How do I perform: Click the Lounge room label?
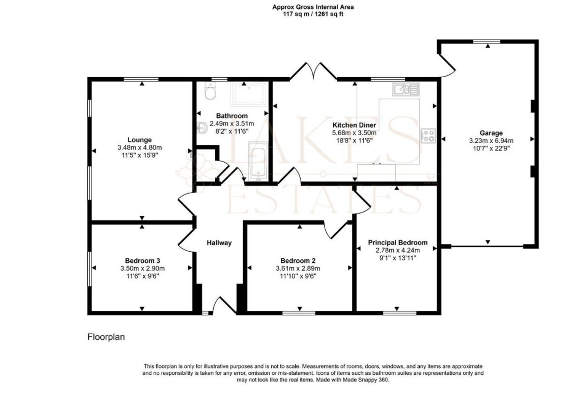pos(139,140)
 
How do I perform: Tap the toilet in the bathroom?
pos(210,90)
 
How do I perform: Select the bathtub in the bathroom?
pos(258,161)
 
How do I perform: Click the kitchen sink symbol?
pos(406,89)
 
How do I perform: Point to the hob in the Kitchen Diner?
pos(428,136)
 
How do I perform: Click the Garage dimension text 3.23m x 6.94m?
pos(491,141)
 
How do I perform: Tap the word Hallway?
pos(219,243)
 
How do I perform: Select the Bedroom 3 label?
pos(142,260)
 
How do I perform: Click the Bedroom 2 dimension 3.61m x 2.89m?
pos(298,268)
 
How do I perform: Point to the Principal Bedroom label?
pos(398,242)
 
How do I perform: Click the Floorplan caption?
pos(106,337)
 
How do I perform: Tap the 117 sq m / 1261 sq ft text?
pos(313,14)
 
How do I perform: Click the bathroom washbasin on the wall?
pos(202,128)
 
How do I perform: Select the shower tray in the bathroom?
pos(248,95)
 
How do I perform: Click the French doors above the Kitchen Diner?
pos(313,71)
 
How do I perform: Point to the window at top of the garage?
pos(487,42)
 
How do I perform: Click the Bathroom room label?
pos(232,116)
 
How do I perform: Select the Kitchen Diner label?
pos(354,125)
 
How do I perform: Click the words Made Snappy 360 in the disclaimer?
pos(366,380)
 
